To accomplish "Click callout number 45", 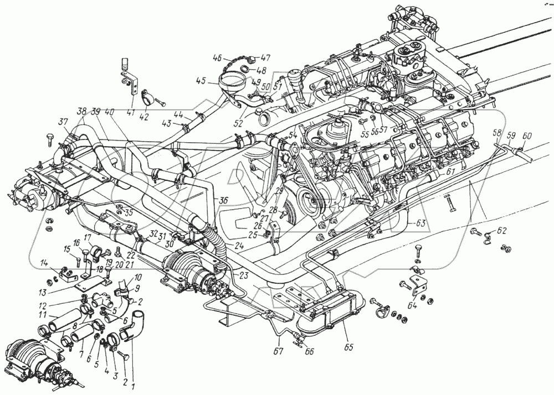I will click(x=201, y=81).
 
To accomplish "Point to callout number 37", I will click(x=63, y=122).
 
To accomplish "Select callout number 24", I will click(x=239, y=245).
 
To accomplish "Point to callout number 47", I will click(x=266, y=58).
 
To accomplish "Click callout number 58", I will click(x=497, y=133).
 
